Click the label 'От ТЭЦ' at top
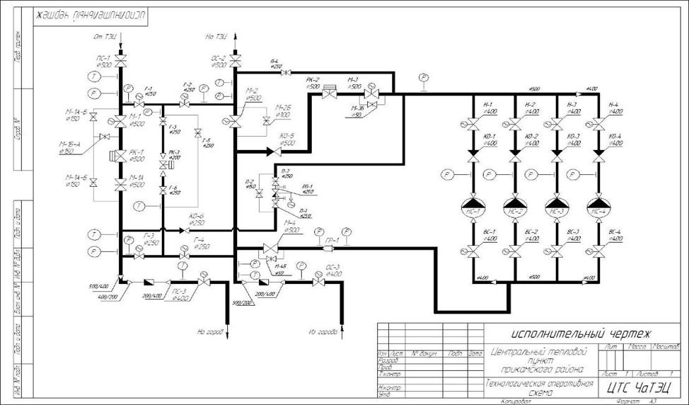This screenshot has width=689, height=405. coord(105,35)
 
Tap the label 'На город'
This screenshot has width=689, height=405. coord(211,331)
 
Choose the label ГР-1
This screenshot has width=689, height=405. coord(332,241)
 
